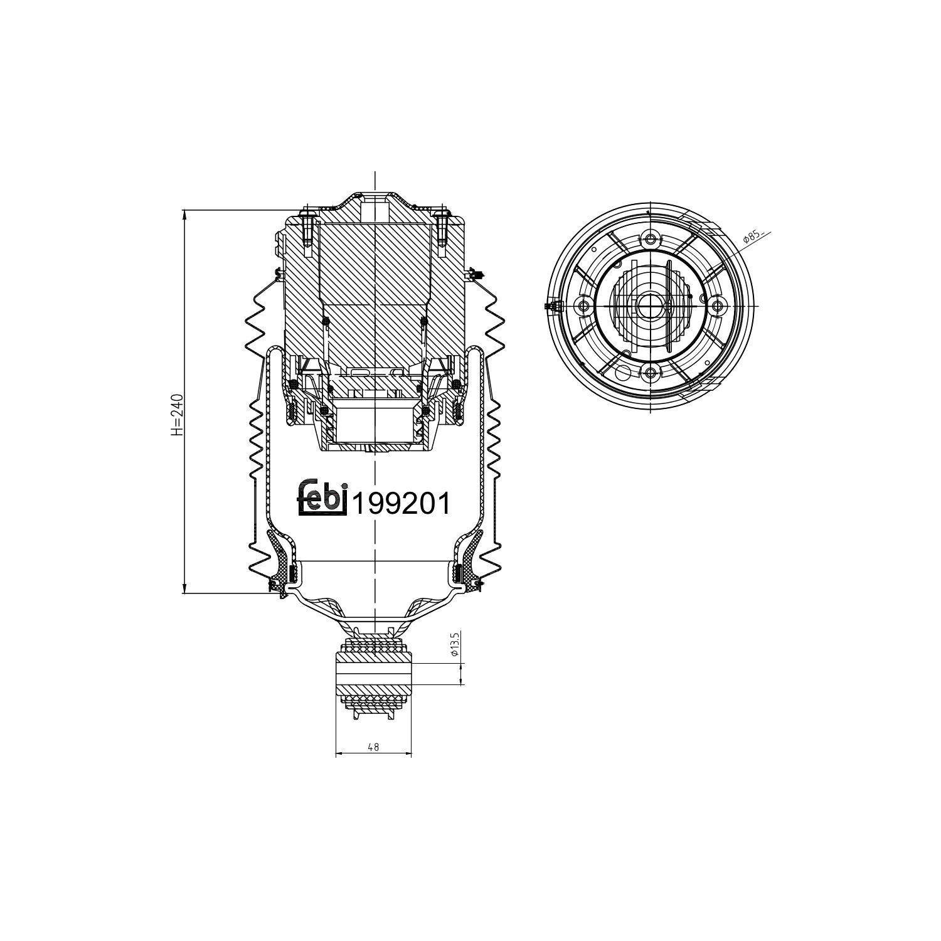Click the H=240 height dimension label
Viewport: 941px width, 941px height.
[178, 415]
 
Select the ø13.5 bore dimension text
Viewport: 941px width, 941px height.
[456, 645]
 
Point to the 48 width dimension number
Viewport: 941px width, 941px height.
[373, 747]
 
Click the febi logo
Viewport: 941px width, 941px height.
[322, 497]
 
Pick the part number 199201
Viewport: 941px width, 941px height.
[401, 503]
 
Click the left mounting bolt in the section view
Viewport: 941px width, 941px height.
[307, 229]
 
